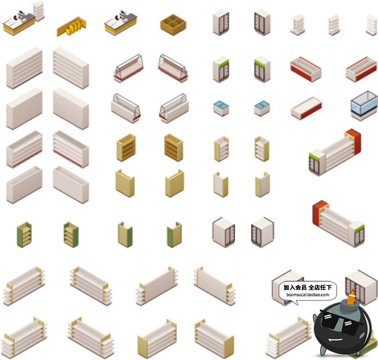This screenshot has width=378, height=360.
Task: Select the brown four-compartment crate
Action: [173, 24]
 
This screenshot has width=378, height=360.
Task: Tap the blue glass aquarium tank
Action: [364, 105]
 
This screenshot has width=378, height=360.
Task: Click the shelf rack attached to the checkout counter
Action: [38, 10]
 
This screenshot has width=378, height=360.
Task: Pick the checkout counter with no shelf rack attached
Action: [120, 23]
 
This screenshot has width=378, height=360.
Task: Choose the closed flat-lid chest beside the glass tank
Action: [306, 108]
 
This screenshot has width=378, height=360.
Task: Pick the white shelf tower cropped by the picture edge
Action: [372, 25]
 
